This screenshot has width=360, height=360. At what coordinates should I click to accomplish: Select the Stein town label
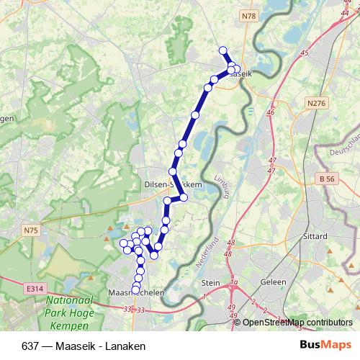click(211, 283)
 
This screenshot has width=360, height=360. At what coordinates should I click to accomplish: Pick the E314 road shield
click(33, 288)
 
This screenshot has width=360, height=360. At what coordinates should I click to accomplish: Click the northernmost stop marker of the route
click(222, 50)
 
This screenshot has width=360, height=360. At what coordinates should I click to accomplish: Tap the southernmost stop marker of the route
click(135, 290)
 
